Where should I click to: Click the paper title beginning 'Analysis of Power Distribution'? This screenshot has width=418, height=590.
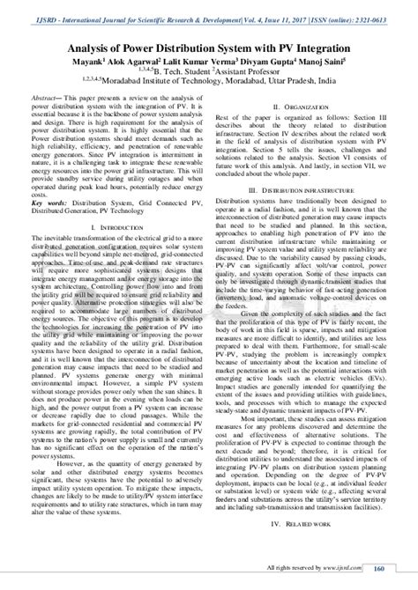click(208, 29)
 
